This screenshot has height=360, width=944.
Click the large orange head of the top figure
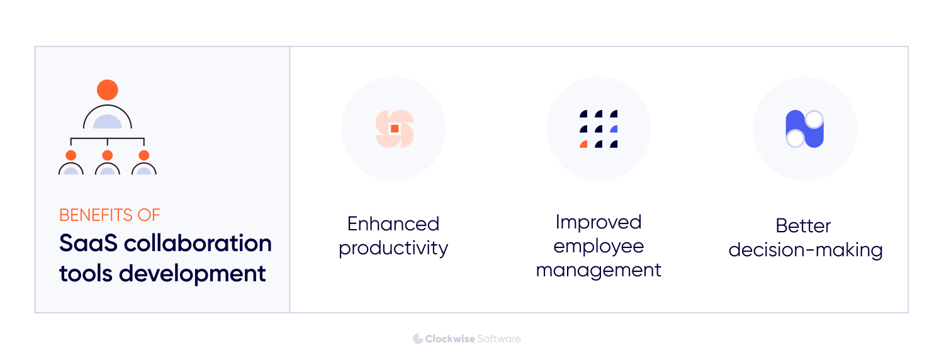(x=108, y=89)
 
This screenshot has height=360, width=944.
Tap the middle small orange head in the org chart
(x=108, y=155)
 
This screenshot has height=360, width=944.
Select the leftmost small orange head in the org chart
(x=71, y=155)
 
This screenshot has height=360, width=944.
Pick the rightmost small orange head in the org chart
(x=144, y=155)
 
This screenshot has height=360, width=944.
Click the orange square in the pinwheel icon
(x=395, y=128)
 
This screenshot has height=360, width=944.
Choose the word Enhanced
(x=393, y=224)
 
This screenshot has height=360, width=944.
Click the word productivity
(x=393, y=248)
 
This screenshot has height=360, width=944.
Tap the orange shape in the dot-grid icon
(x=583, y=145)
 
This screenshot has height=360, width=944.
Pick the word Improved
(x=598, y=222)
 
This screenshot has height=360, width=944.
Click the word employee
(x=598, y=246)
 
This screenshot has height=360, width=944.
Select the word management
(x=598, y=270)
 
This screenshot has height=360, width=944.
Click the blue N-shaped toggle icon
(x=805, y=129)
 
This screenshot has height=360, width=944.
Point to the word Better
(x=803, y=226)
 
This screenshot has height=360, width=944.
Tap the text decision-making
(x=806, y=250)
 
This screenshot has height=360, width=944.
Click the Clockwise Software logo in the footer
(x=467, y=339)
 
